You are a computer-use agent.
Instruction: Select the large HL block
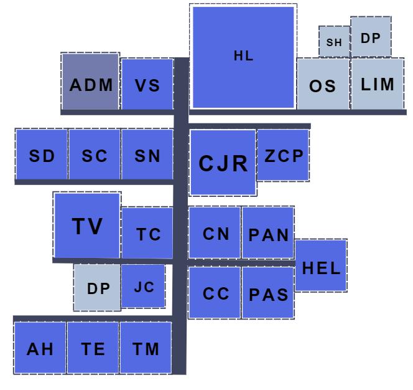pyautogui.click(x=243, y=57)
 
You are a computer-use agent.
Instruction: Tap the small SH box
pyautogui.click(x=334, y=42)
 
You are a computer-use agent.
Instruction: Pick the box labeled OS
pyautogui.click(x=323, y=84)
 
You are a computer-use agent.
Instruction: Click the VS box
pyautogui.click(x=147, y=85)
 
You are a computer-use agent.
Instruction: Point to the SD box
pyautogui.click(x=42, y=156)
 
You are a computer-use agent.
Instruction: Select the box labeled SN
pyautogui.click(x=147, y=156)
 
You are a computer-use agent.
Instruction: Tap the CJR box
pyautogui.click(x=223, y=162)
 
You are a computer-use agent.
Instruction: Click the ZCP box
pyautogui.click(x=283, y=155)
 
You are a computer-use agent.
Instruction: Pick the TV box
pyautogui.click(x=86, y=225)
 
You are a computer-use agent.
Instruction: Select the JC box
pyautogui.click(x=143, y=286)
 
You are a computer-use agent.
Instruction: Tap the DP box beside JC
pyautogui.click(x=97, y=288)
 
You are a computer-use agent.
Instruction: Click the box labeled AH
pyautogui.click(x=40, y=348)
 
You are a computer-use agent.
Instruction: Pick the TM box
pyautogui.click(x=146, y=348)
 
